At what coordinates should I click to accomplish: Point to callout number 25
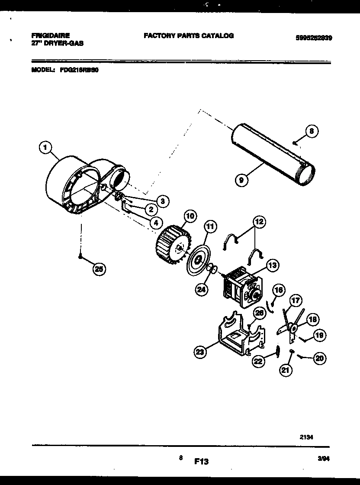point(99,269)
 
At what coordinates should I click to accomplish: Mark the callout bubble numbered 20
point(320,358)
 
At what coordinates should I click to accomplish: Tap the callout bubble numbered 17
point(296,300)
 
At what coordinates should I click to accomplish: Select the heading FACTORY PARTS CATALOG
point(188,36)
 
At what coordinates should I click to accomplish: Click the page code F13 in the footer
point(201,462)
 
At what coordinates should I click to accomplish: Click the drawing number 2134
point(306,437)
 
